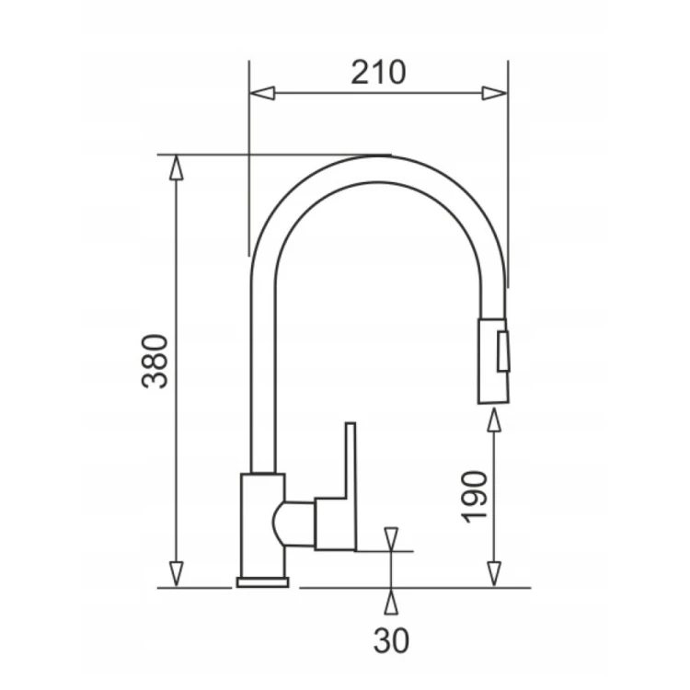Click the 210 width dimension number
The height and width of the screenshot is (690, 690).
(378, 73)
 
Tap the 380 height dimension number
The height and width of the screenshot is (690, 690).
(155, 362)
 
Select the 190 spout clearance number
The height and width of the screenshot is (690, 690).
(477, 497)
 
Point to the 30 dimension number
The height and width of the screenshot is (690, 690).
(391, 640)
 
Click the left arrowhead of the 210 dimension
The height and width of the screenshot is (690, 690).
(262, 93)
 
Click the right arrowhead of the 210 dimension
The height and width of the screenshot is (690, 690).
(494, 93)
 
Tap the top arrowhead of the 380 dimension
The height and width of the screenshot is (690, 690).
(176, 167)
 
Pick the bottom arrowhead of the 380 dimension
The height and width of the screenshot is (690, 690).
(176, 574)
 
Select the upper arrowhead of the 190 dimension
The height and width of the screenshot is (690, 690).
(495, 420)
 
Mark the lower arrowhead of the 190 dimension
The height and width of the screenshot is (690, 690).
(495, 574)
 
